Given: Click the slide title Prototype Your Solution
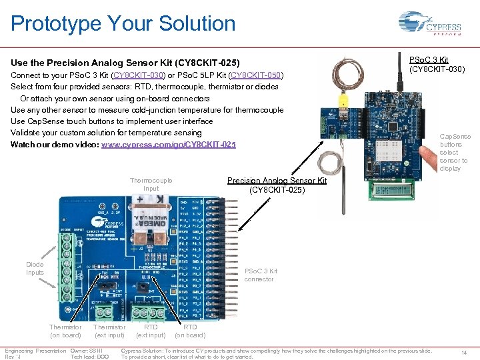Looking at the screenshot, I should pos(123,24).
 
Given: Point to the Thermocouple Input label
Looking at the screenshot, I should pos(151,184).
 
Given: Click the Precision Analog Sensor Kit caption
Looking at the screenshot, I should pos(277,185).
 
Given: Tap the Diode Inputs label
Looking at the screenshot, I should pos(35,268).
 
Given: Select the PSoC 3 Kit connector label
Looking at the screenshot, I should pos(261,275).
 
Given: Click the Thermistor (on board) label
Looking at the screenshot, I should pos(65,331).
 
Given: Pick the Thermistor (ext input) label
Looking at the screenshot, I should pos(109,331).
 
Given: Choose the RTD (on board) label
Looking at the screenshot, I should pos(190,331).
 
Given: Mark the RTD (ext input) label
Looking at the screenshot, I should pos(151,331).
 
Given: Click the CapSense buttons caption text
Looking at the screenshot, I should pos(455,152).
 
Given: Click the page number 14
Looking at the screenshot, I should pos(464,352).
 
